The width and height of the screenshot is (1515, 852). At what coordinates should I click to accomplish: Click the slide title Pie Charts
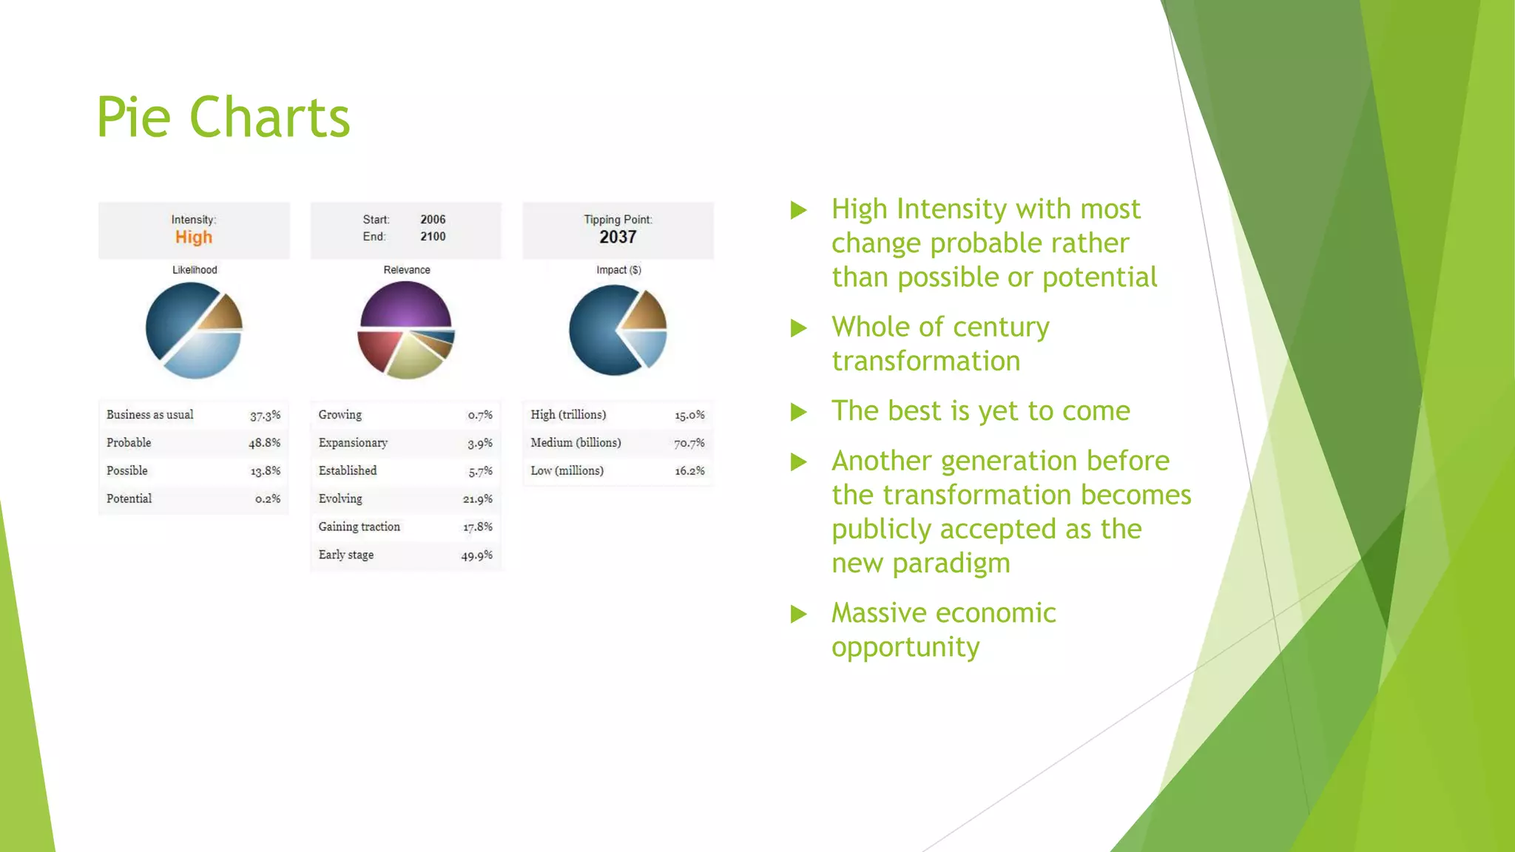point(223,118)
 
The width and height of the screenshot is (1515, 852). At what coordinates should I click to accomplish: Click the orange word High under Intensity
point(194,237)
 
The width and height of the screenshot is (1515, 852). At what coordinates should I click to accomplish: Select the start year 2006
point(433,220)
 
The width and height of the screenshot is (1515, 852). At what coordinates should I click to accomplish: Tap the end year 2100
point(433,237)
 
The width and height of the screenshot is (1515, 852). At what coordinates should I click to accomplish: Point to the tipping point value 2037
point(618,237)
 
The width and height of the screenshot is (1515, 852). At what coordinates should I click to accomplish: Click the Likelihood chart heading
point(195,270)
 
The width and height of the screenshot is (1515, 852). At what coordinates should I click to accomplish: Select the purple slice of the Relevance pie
point(405,305)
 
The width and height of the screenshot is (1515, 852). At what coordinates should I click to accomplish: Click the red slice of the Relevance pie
point(377,348)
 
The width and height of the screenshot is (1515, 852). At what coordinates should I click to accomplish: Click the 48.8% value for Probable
point(264,443)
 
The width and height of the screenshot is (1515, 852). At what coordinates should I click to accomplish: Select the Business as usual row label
point(150,415)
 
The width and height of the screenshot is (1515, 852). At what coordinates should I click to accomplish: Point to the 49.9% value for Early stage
point(476,555)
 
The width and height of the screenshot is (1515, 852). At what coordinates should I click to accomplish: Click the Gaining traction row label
point(360,527)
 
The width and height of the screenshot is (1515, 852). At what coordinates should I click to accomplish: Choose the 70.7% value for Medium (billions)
point(689,443)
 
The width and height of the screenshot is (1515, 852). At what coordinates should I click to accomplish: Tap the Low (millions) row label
point(567,470)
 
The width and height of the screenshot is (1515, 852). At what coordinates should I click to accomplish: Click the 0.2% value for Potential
point(268,499)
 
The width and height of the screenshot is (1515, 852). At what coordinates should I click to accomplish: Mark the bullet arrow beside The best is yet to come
point(798,412)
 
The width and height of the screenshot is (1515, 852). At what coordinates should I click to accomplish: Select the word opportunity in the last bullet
point(905,647)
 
